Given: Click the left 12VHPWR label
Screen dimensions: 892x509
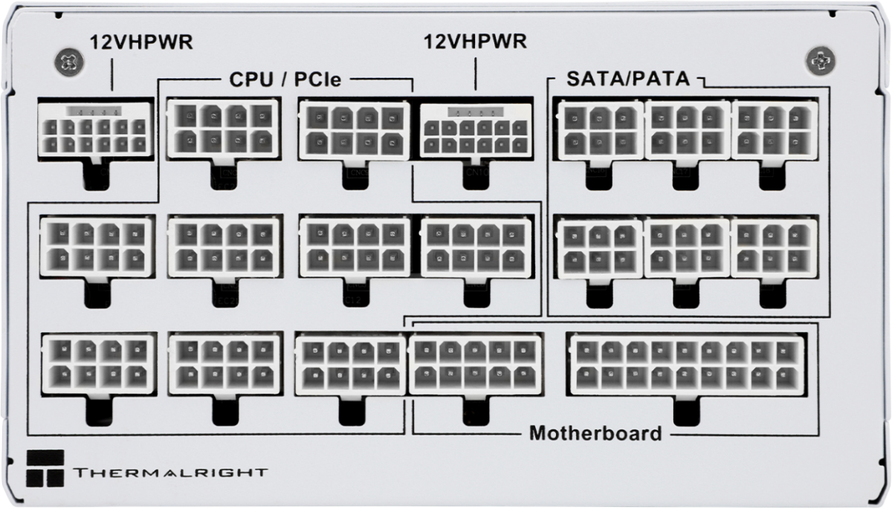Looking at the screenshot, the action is (141, 42).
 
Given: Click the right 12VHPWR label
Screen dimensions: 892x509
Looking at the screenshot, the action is (475, 42).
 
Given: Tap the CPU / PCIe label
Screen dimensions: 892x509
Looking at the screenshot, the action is (285, 80).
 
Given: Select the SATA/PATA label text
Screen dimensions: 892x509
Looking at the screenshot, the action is (628, 79).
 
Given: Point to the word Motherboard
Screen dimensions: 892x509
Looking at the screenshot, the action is (595, 433).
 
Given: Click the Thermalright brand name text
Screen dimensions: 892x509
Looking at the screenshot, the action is (170, 473).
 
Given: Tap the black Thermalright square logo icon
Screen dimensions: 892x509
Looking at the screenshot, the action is (45, 468).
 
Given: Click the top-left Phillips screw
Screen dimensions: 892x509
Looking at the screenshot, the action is (69, 62).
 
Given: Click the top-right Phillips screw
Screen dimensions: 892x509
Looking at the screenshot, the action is (821, 61).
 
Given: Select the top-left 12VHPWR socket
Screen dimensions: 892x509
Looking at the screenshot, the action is (95, 129).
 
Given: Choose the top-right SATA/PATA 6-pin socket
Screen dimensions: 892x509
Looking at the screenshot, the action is (775, 130).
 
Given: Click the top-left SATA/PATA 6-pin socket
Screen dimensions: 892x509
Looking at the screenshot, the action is (601, 130).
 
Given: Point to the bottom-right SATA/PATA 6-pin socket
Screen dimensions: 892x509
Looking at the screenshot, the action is (774, 248).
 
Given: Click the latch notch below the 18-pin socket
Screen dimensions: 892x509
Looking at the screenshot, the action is (687, 410).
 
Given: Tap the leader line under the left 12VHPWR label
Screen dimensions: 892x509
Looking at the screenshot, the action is (112, 74).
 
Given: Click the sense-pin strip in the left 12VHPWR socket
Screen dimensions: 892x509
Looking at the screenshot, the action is (94, 111).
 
